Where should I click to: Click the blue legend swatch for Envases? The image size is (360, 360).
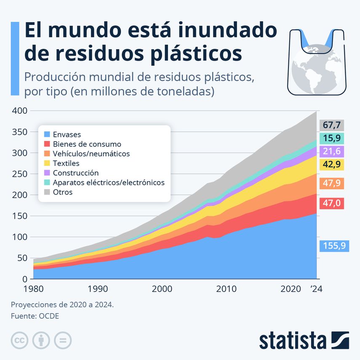(x=47, y=135)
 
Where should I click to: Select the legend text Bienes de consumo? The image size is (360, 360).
(x=87, y=144)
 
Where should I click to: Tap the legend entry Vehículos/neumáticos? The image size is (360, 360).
(x=91, y=154)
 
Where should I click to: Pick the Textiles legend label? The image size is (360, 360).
(x=66, y=163)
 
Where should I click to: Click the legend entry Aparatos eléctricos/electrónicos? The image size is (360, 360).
(x=109, y=182)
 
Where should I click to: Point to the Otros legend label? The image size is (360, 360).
(x=63, y=192)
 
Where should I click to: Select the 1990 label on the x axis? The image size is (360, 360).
(x=97, y=289)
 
